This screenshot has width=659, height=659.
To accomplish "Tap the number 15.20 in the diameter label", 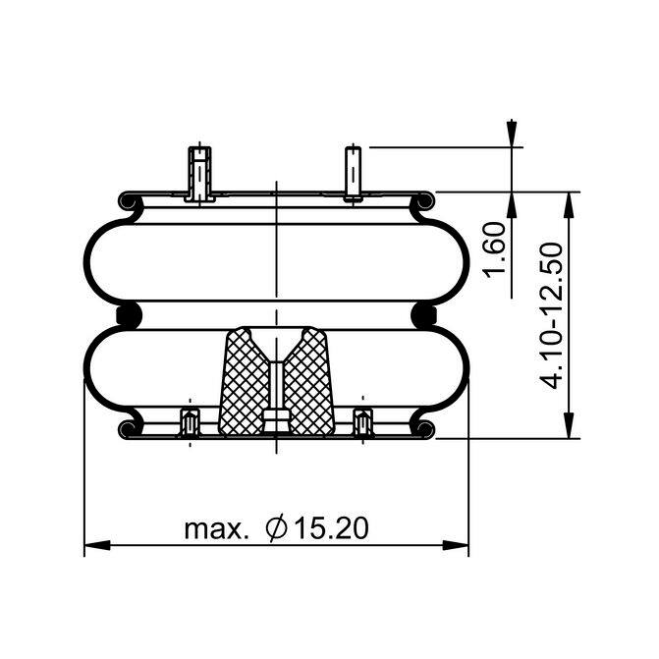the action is tap(331, 528).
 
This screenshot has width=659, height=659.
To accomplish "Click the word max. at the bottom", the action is tap(214, 530).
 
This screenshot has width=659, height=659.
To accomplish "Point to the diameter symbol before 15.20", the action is tap(277, 528).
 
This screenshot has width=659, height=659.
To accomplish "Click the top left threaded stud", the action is tap(199, 174).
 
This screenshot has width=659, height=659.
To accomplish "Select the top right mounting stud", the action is tap(353, 174).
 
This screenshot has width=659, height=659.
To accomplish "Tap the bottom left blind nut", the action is tap(190, 423).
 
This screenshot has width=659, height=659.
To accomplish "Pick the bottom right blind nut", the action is tap(362, 423).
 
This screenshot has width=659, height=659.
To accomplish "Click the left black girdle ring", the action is tap(129, 315).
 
